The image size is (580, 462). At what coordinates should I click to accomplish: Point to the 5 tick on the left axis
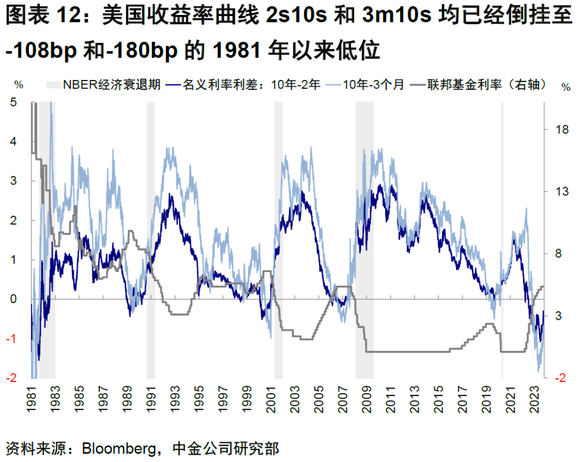click(15, 102)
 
